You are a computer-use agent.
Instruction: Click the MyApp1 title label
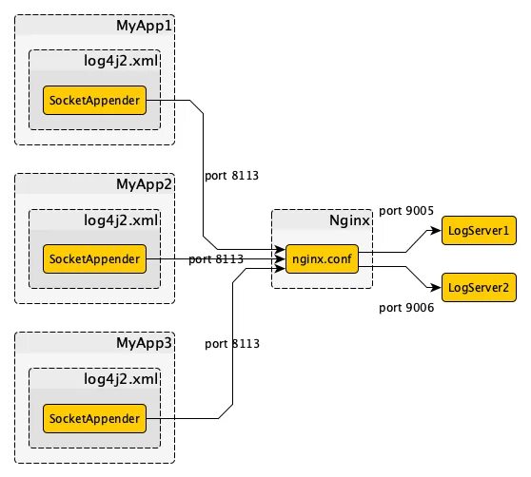coord(145,26)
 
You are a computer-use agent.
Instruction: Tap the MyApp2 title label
coord(145,184)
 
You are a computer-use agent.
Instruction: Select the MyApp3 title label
coord(145,343)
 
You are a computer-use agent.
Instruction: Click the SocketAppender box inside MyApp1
coord(94,100)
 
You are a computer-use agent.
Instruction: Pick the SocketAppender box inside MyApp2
coord(94,259)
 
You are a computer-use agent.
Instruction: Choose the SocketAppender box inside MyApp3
coord(94,418)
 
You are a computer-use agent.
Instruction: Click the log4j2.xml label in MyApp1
coord(121,61)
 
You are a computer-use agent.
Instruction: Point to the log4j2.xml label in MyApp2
coord(121,220)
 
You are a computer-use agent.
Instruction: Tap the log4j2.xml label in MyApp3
coord(121,379)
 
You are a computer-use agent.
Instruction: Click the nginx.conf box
coord(322,259)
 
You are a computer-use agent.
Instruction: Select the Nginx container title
coord(349,220)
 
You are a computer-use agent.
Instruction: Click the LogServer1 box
coord(479,231)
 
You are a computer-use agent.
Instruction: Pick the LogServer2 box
coord(479,288)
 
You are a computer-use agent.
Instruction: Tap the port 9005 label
coord(406,211)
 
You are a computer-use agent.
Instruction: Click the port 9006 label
coord(406,308)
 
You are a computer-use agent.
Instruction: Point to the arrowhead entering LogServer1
coord(436,231)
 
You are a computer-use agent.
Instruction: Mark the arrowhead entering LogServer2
coord(436,288)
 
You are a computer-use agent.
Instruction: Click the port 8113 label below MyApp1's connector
coord(231,176)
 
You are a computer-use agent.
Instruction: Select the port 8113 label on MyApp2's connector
coord(216,259)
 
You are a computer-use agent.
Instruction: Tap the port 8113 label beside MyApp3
coord(232,344)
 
